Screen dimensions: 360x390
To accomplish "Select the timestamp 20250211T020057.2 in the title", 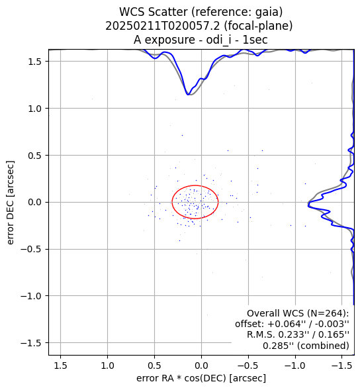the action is click(x=163, y=26).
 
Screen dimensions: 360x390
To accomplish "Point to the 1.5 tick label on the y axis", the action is click(x=34, y=62).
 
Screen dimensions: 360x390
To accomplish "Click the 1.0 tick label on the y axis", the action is click(x=34, y=109).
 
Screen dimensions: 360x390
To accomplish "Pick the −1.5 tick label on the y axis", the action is click(x=31, y=343).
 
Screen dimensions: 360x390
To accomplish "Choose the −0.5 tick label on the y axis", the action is click(x=31, y=249).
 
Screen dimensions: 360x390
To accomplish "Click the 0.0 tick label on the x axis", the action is click(x=201, y=366).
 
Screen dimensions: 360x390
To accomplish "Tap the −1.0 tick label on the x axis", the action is click(x=295, y=366).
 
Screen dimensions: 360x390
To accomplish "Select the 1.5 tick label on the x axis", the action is click(x=60, y=366).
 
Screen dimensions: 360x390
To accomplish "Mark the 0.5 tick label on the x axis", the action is click(x=154, y=366).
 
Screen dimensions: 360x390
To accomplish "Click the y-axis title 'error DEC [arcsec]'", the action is click(x=10, y=203).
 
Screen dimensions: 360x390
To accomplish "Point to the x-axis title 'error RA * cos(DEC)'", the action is click(x=181, y=378).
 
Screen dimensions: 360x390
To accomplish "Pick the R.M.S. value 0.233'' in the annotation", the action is click(x=290, y=335).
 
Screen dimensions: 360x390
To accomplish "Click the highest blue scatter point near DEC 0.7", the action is click(x=182, y=135).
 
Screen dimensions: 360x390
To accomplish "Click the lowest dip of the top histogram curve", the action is click(x=188, y=95).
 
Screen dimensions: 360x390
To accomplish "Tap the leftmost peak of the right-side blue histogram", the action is click(x=308, y=205).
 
